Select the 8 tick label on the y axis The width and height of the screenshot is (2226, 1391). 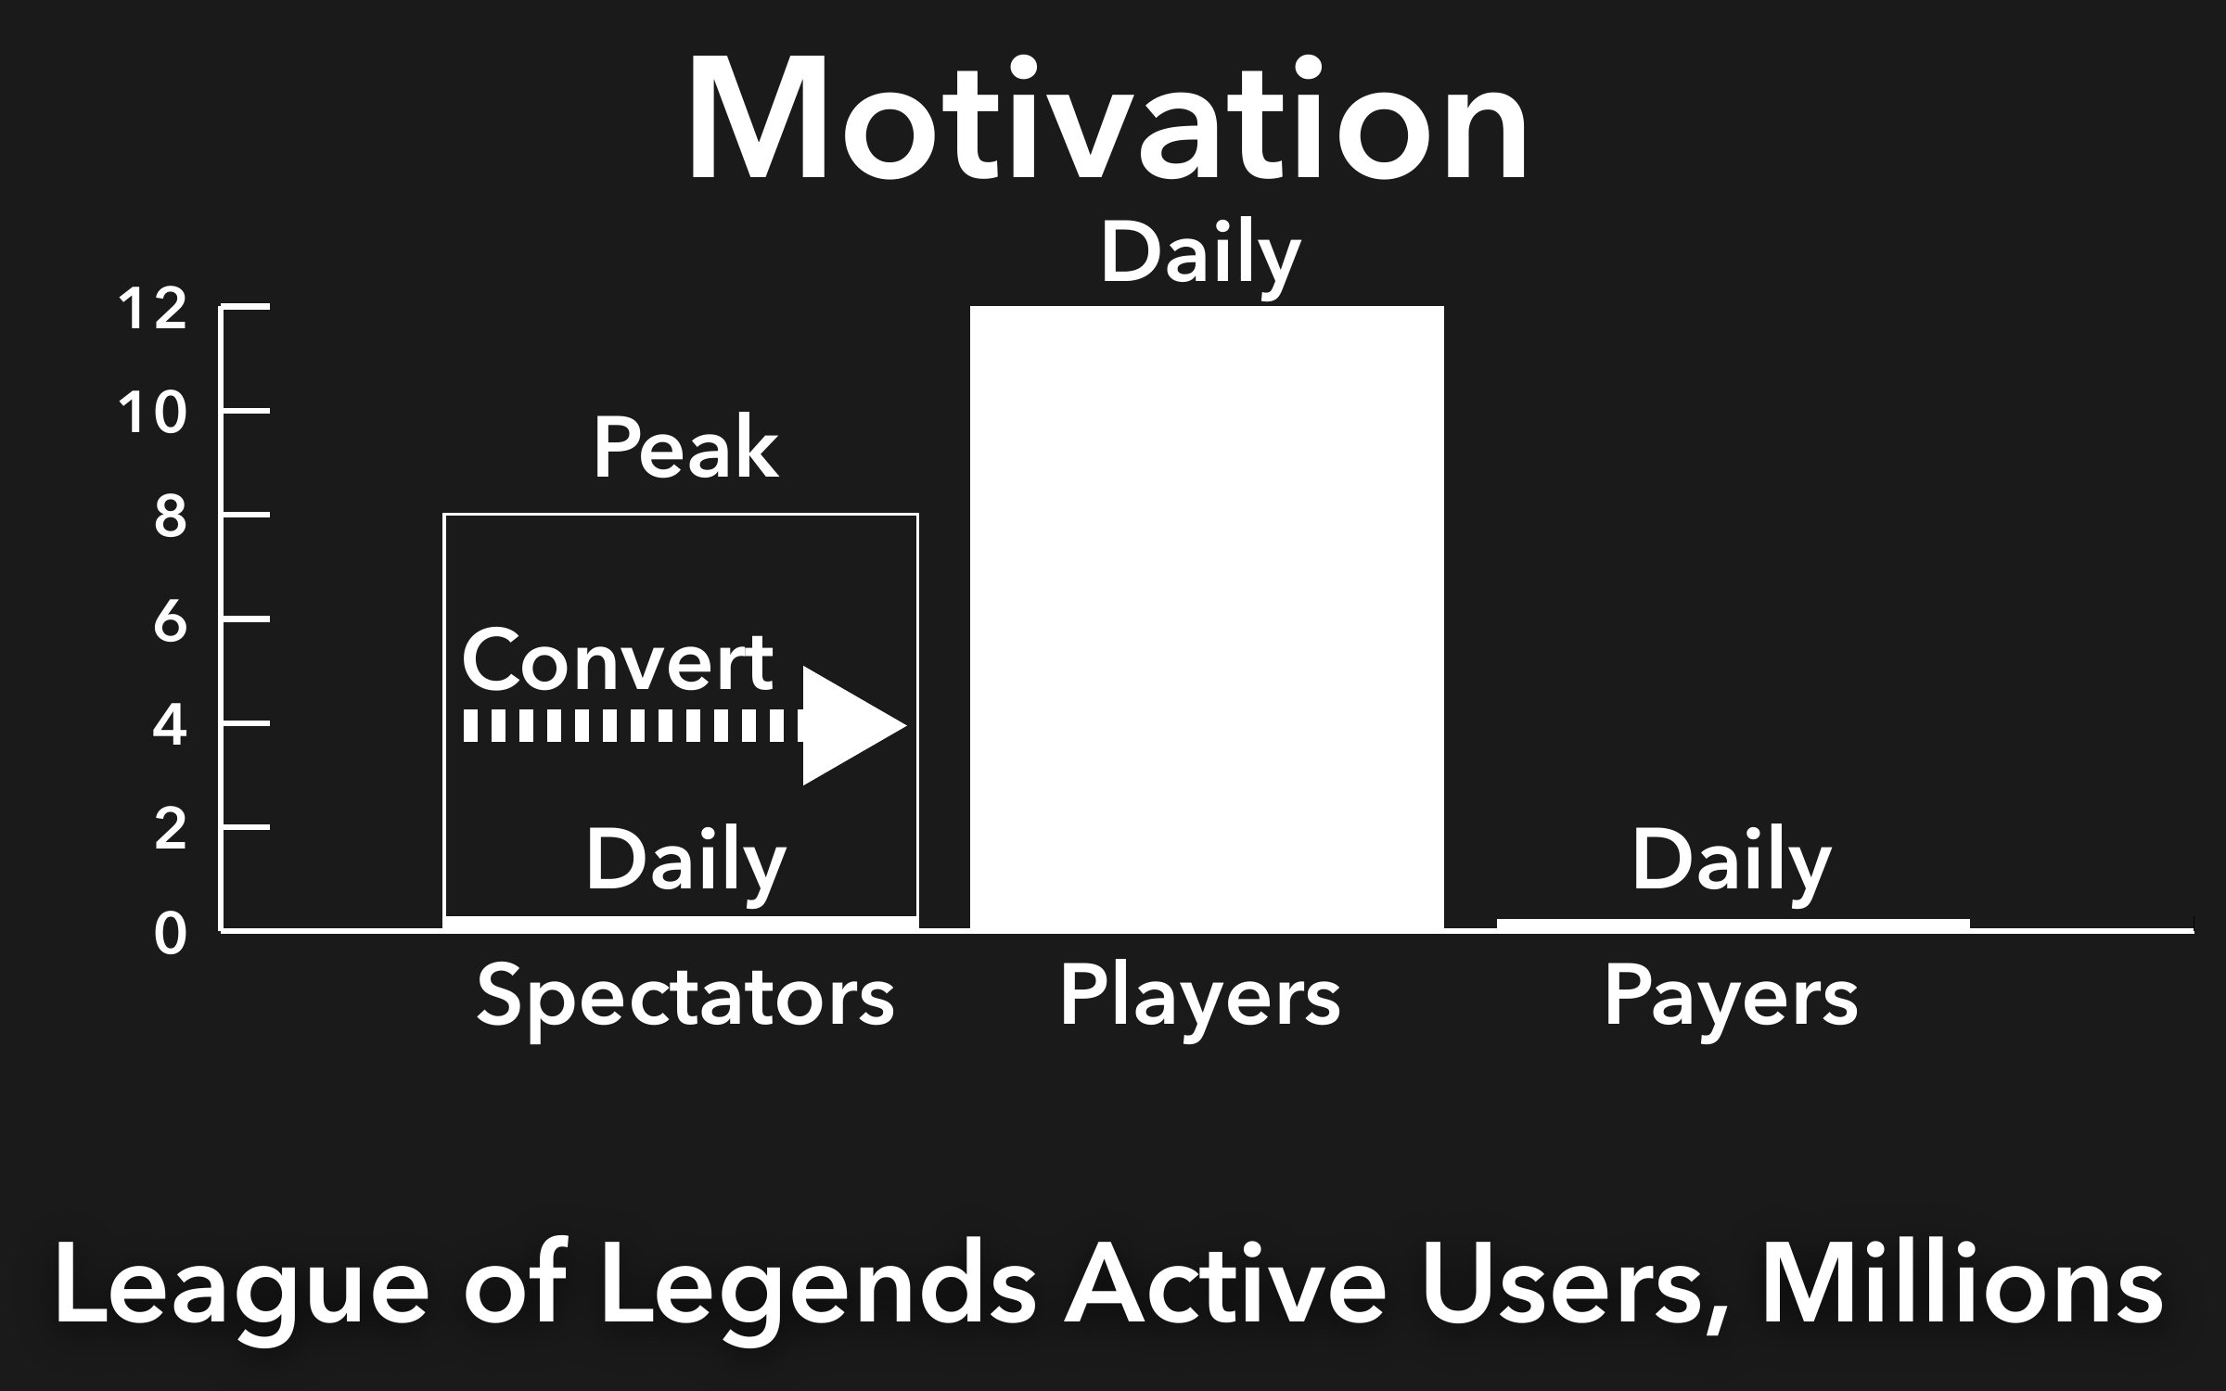coord(171,517)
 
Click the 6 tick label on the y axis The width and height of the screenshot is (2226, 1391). coord(171,621)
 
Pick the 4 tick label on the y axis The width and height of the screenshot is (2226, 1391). coord(170,725)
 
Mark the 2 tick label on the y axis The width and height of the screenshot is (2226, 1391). coord(171,829)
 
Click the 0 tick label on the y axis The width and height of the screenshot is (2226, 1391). coord(171,934)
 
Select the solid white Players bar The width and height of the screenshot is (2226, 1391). coord(1207,618)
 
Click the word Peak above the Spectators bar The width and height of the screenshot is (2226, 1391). coord(685,449)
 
